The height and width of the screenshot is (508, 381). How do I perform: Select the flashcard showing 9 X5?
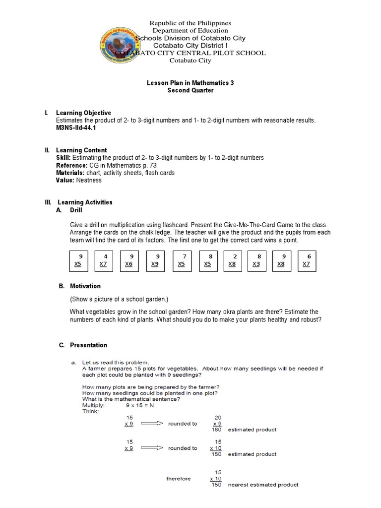77,260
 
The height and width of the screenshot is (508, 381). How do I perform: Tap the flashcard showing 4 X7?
104,260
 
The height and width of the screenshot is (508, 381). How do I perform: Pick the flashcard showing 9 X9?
155,260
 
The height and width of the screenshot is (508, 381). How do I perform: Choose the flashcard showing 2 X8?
232,260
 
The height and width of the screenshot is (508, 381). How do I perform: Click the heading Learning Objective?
83,113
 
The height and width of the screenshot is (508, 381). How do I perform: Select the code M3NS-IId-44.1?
76,127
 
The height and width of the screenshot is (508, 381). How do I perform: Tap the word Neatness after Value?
89,180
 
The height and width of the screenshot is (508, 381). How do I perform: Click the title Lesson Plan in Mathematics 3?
190,83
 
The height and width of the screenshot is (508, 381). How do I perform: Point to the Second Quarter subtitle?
190,91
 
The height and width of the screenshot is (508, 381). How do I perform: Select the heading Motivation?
85,286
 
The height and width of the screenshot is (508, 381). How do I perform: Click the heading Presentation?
88,345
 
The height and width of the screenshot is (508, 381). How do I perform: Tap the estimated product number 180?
216,430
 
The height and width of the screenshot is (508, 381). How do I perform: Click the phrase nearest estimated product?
263,485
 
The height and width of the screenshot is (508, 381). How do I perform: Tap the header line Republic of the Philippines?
190,23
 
